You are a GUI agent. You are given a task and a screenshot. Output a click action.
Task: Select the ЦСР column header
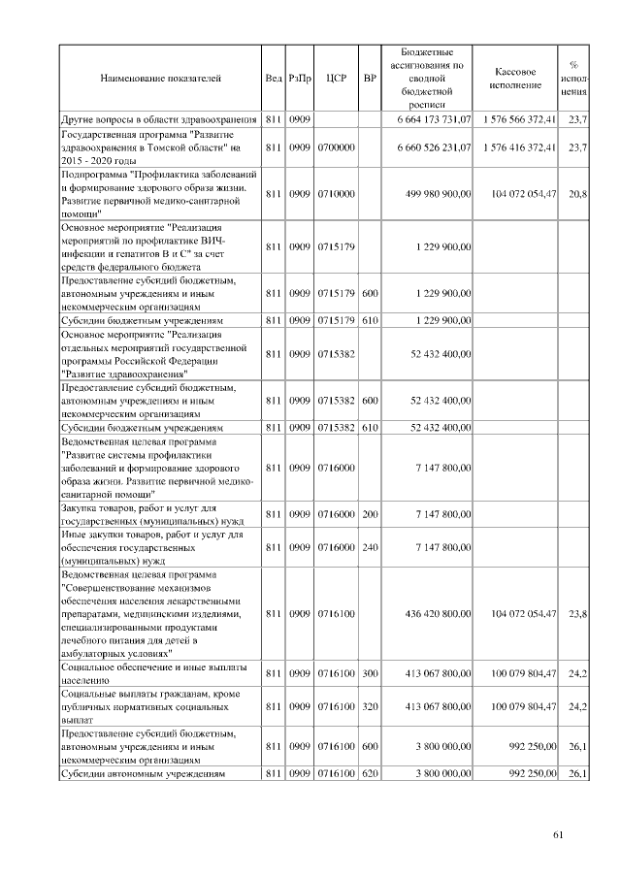click(336, 76)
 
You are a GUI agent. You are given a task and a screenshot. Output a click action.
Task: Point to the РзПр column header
click(300, 76)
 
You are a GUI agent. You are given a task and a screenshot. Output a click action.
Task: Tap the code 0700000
click(336, 146)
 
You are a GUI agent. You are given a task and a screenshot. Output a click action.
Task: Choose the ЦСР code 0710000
click(336, 194)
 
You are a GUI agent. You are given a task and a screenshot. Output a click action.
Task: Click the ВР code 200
click(369, 513)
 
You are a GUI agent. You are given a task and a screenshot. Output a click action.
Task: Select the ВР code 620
click(369, 773)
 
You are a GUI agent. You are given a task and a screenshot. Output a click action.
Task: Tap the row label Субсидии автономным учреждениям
click(143, 774)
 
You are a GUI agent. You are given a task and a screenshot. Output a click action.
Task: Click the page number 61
click(558, 834)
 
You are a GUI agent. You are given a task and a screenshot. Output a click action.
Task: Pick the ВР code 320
click(369, 708)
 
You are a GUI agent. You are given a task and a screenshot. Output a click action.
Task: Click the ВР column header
click(369, 76)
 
